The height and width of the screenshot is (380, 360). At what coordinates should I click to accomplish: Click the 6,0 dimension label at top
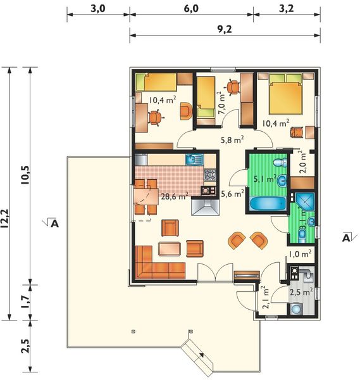[191, 8]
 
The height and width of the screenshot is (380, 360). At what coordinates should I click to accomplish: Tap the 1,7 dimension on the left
[25, 298]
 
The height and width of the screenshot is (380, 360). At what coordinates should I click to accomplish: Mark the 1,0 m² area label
[299, 253]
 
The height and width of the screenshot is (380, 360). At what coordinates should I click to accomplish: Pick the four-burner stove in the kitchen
[210, 175]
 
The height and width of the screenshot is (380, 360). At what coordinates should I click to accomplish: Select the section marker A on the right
[346, 237]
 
